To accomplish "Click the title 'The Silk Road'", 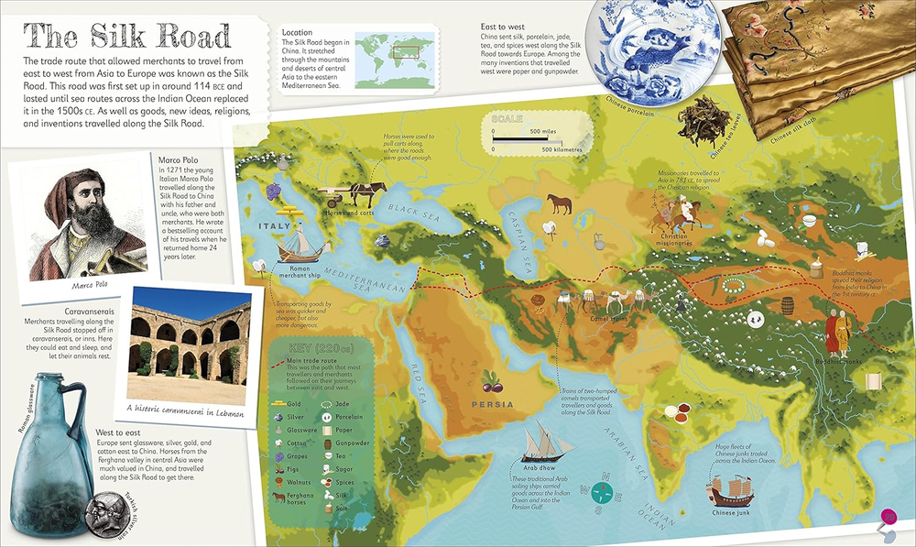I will [128, 37].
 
